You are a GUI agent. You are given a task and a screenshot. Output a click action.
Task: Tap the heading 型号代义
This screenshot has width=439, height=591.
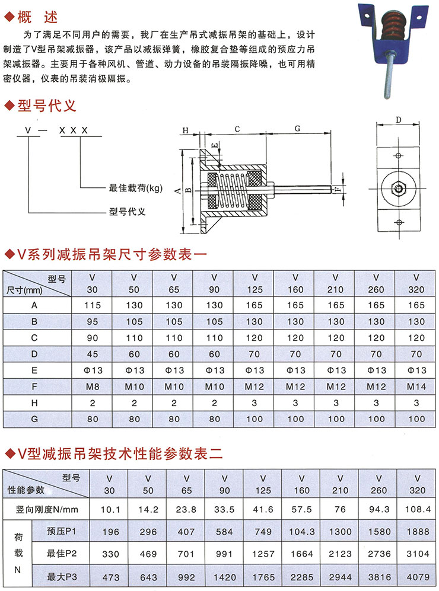coord(47,106)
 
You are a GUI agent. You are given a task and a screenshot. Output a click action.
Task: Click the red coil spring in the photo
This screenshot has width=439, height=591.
coord(395,29)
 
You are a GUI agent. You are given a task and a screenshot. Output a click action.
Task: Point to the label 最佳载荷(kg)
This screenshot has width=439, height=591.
coord(136,188)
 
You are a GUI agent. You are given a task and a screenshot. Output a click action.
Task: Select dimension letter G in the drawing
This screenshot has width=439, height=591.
coord(297,128)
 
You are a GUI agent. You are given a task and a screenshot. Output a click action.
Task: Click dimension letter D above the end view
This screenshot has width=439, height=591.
coord(399,120)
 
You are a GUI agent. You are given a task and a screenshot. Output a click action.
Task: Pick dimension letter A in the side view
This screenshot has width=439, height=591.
coord(177,190)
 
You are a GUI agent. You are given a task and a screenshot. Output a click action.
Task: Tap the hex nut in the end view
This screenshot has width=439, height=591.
coord(399,190)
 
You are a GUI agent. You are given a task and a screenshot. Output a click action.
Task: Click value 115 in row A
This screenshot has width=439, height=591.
coord(91,305)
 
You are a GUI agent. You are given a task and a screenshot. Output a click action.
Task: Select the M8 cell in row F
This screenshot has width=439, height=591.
coord(91,386)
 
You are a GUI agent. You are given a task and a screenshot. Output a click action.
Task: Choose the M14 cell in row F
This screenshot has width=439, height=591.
coord(417,386)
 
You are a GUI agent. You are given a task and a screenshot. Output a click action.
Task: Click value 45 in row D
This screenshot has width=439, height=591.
coord(91,354)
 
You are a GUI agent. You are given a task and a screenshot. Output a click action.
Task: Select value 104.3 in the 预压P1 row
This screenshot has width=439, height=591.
coord(301,531)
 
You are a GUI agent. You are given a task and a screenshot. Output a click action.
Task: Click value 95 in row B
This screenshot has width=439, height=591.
coord(91,322)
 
